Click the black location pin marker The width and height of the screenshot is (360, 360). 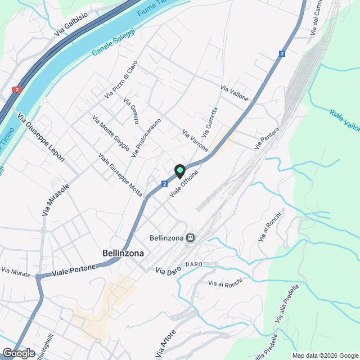point(179,170)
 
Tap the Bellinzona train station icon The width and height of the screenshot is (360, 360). point(191,238)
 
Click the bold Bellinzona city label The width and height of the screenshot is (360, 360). point(123,254)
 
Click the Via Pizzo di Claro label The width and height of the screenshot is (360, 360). point(121,80)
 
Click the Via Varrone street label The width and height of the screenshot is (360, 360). point(195,141)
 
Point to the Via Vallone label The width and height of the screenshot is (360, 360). point(235,93)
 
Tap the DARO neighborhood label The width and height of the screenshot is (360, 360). point(193,264)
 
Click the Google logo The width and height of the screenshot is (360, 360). point(19,353)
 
